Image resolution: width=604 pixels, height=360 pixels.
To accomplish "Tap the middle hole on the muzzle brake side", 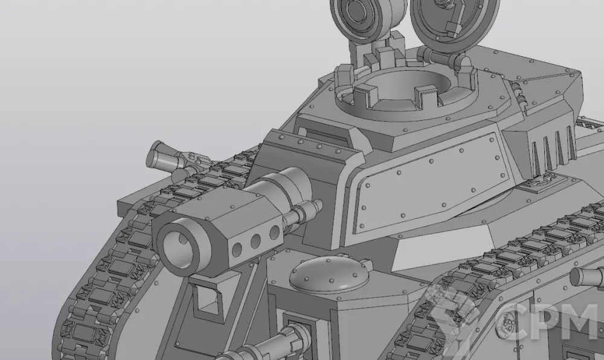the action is (x=255, y=242).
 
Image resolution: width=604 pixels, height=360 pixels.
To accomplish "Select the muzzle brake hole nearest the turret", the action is (x=275, y=233).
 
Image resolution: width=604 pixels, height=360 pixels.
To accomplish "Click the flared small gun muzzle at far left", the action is (x=157, y=155).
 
